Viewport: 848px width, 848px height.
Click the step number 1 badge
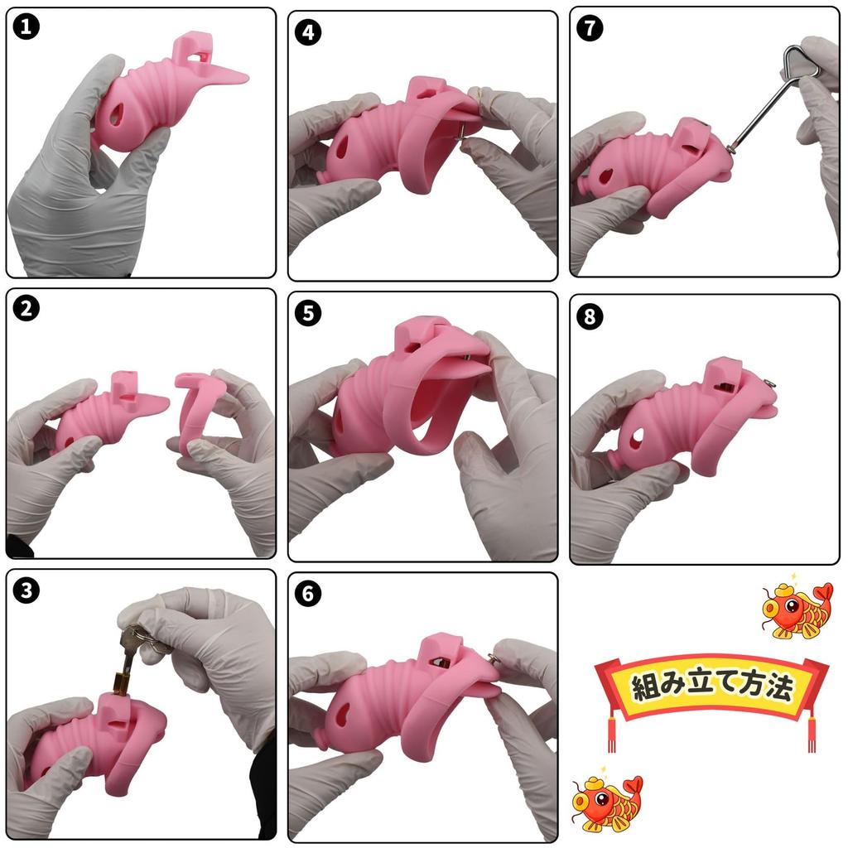point(27,27)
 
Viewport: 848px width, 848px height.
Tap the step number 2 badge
point(27,309)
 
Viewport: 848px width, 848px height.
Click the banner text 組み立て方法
point(711,687)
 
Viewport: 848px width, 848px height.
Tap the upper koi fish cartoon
point(797,609)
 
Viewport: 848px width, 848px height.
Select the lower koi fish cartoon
point(606,802)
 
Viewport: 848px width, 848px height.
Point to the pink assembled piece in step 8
point(687,422)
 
